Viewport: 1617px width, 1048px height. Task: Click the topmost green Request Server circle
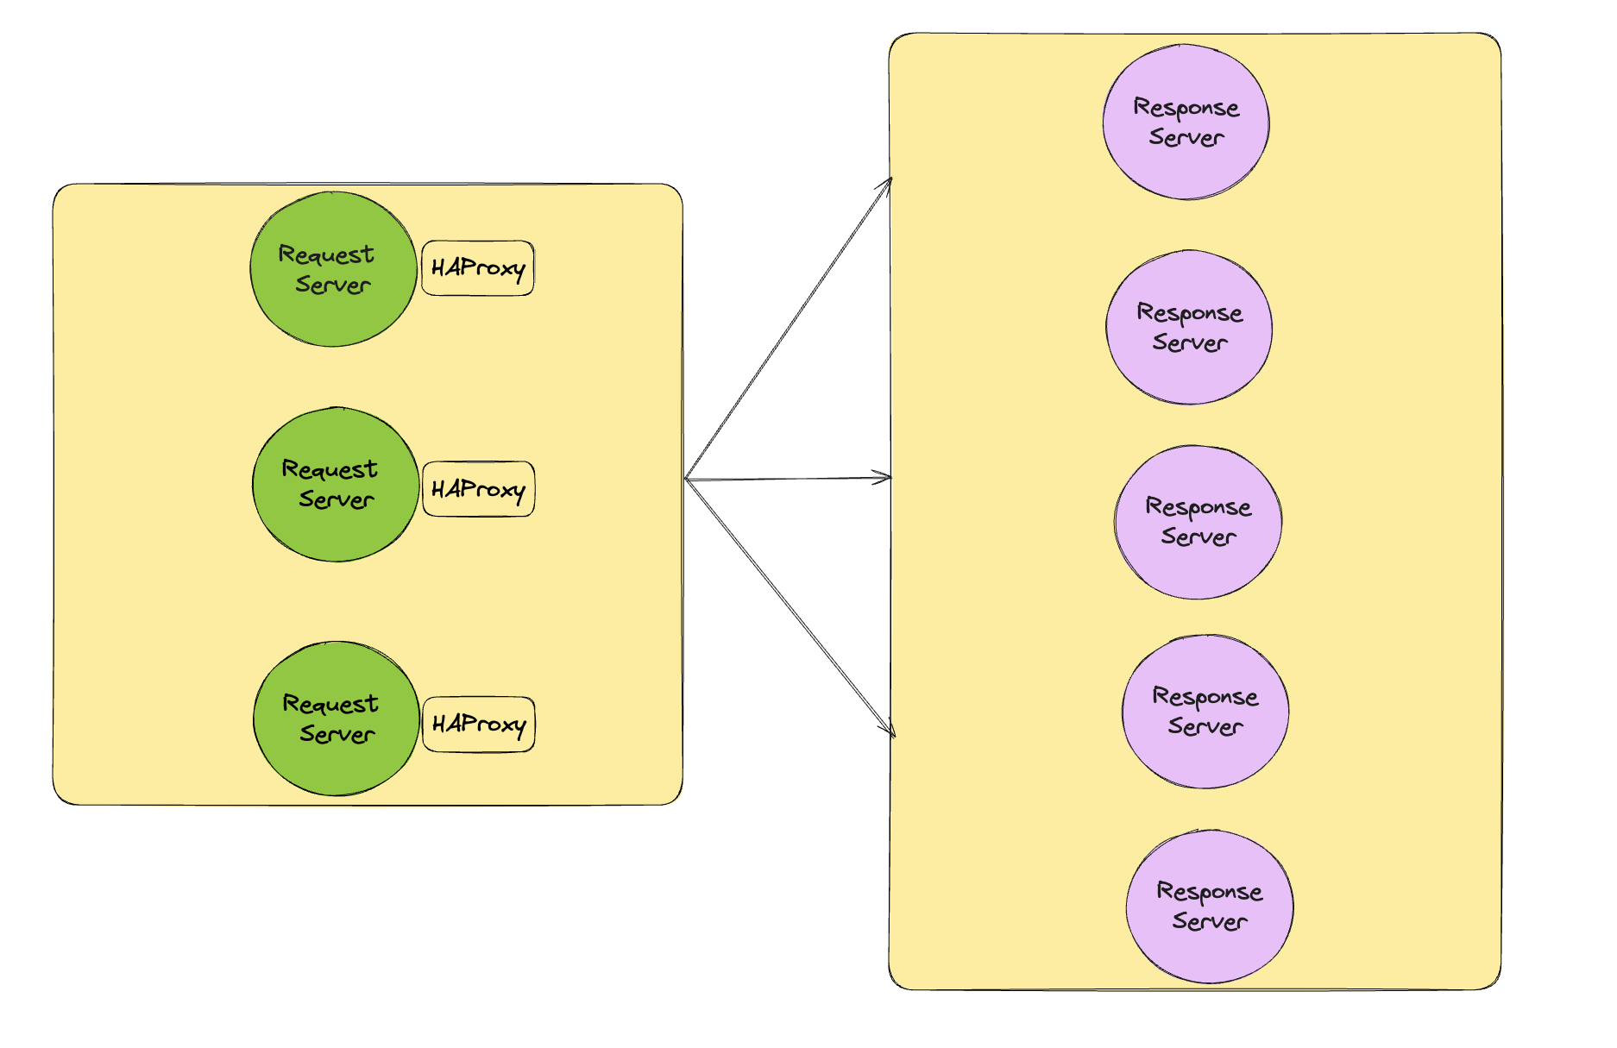(333, 270)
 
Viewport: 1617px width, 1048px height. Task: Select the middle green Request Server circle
(336, 485)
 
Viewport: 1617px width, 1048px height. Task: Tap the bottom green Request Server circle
(337, 719)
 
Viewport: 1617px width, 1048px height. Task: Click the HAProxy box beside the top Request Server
(477, 268)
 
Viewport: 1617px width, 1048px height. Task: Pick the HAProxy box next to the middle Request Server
(478, 489)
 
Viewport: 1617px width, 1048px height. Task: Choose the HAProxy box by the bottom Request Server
(479, 725)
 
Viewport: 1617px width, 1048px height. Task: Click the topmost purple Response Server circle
(1186, 122)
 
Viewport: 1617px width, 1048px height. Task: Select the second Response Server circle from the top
(1189, 328)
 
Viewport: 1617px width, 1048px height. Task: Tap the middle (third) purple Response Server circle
(1198, 522)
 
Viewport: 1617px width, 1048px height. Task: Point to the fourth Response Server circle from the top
(1205, 712)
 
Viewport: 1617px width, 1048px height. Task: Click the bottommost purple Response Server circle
(1209, 907)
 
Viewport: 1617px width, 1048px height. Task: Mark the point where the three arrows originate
(686, 479)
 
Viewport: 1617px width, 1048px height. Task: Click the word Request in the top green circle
(326, 254)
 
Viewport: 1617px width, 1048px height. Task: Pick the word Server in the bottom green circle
(337, 734)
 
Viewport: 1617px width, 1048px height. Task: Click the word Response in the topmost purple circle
(1186, 108)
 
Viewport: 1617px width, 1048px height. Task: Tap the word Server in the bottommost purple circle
(1210, 921)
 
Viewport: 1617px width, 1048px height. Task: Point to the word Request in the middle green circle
(330, 469)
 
